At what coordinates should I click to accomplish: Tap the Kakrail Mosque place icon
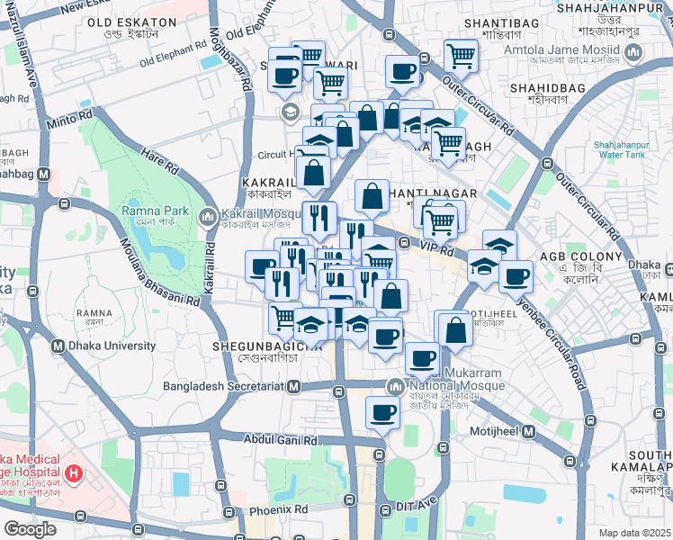point(208,216)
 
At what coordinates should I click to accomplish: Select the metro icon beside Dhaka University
point(58,346)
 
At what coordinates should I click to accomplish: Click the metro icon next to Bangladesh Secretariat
point(292,387)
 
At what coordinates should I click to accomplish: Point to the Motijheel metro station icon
point(529,433)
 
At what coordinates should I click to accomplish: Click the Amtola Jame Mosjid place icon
point(633,52)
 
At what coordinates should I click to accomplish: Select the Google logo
point(30,528)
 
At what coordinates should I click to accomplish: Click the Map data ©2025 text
point(635,533)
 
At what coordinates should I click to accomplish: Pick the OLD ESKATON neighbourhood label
point(131,21)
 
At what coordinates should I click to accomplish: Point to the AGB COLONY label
point(581,256)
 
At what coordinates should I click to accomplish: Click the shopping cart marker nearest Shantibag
point(461,55)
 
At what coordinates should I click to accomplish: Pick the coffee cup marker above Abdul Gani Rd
point(381,413)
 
